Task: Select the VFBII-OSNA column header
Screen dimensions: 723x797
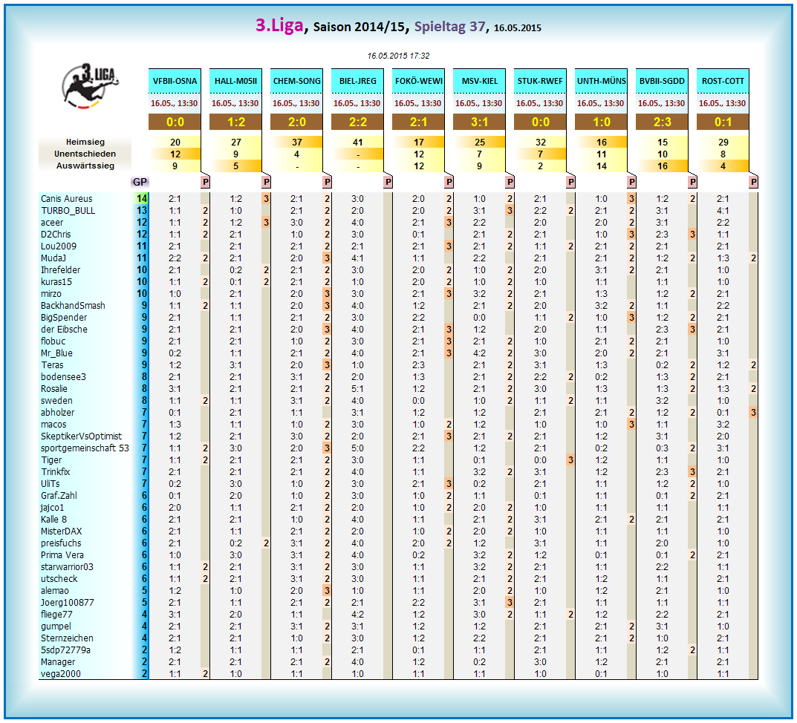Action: [175, 81]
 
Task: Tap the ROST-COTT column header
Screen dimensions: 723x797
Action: [723, 81]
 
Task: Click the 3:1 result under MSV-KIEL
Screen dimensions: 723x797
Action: [479, 122]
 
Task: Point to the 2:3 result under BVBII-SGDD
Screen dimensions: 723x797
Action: [662, 122]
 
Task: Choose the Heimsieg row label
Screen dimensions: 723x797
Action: [85, 142]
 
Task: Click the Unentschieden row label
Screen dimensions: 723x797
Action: [85, 154]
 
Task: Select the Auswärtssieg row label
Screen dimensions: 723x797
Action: [85, 166]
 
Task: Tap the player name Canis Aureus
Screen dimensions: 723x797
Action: [67, 199]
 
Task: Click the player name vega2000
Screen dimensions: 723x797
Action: [61, 674]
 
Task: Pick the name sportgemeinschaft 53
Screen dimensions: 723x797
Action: [85, 448]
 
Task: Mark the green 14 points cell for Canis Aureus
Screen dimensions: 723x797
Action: [142, 199]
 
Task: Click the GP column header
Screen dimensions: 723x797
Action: [140, 182]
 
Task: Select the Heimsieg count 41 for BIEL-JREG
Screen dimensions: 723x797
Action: [357, 142]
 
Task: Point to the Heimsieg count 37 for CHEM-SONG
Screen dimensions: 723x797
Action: [297, 142]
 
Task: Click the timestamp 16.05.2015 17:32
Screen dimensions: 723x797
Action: [398, 56]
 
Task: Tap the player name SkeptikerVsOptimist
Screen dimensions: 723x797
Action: [81, 436]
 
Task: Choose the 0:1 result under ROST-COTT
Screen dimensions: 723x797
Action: [723, 122]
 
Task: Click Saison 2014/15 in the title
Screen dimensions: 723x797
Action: [359, 27]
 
